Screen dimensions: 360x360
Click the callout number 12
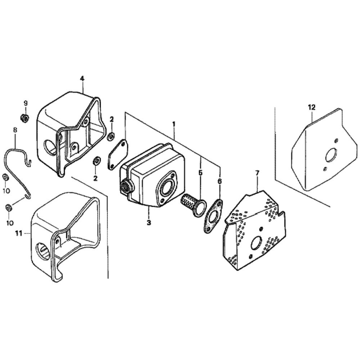coord(312,107)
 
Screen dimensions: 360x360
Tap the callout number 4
coord(82,78)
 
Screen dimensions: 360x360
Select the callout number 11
coord(19,234)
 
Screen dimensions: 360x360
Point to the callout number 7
coord(257,173)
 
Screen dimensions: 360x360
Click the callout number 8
coord(15,130)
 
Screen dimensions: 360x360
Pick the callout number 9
coord(26,103)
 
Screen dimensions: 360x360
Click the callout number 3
coord(149,222)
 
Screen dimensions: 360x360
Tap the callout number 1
coord(174,124)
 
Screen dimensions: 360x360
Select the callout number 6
coord(220,181)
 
